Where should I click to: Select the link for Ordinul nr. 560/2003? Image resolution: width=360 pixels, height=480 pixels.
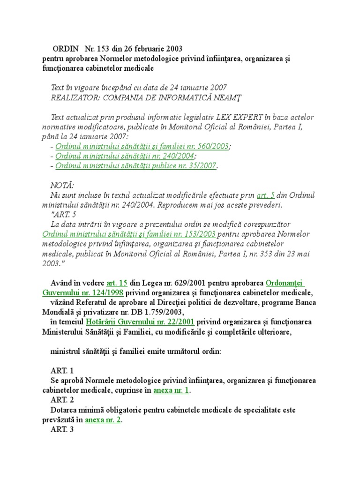142,147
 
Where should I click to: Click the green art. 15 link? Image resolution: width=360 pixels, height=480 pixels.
117,283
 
